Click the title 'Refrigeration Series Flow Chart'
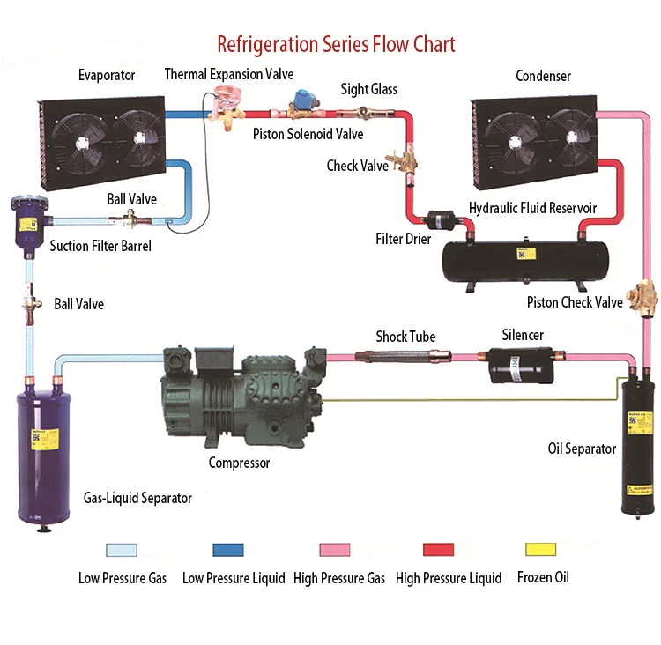point(336,43)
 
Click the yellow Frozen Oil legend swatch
point(542,550)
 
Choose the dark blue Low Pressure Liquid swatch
point(227,550)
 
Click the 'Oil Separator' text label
point(582,449)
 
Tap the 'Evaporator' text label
point(106,76)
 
